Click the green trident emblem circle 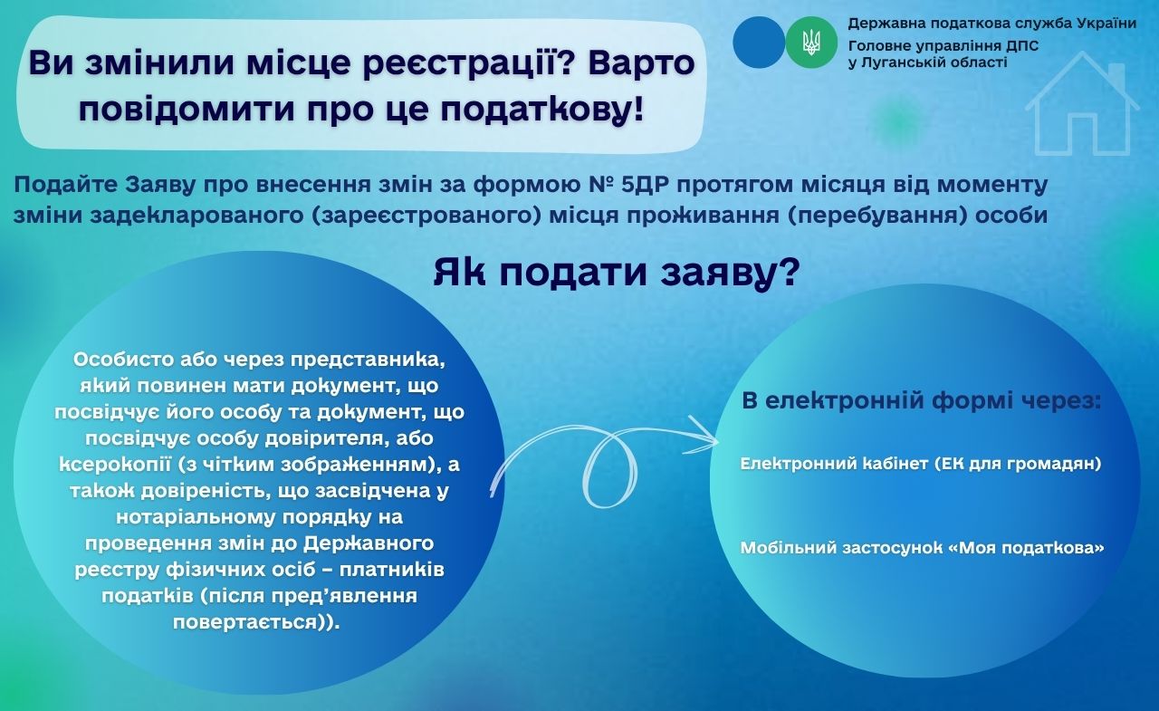coord(810,43)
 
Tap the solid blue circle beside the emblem coord(759,43)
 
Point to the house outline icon coord(1082,103)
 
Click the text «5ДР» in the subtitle coord(640,185)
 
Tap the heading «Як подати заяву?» coord(617,273)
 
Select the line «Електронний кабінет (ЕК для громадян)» coord(921,464)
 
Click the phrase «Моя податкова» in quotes coord(1031,547)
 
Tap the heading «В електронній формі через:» coord(922,401)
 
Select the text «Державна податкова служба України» coord(991,24)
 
